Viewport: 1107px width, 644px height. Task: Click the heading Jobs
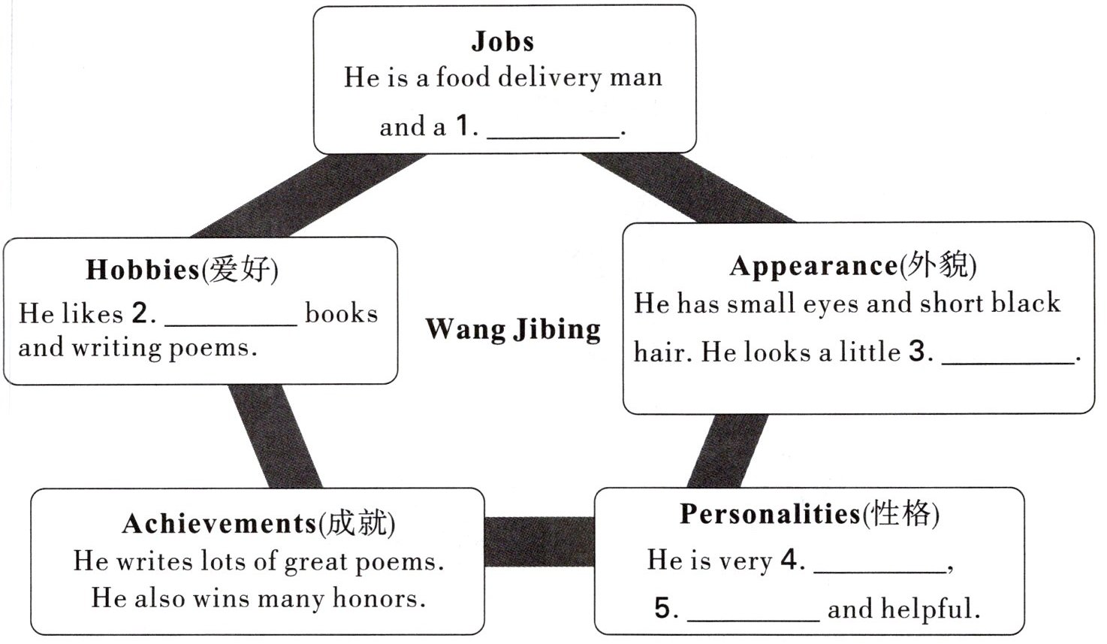[x=502, y=41]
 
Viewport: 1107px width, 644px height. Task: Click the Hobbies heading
[x=143, y=269]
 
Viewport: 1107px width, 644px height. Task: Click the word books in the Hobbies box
[x=341, y=313]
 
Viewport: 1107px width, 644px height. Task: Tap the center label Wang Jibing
[x=513, y=329]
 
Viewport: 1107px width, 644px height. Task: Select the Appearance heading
[x=813, y=265]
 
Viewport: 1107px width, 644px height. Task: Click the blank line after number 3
[x=1009, y=359]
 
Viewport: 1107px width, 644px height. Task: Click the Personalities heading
[x=770, y=514]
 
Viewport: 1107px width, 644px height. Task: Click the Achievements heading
[x=219, y=524]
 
